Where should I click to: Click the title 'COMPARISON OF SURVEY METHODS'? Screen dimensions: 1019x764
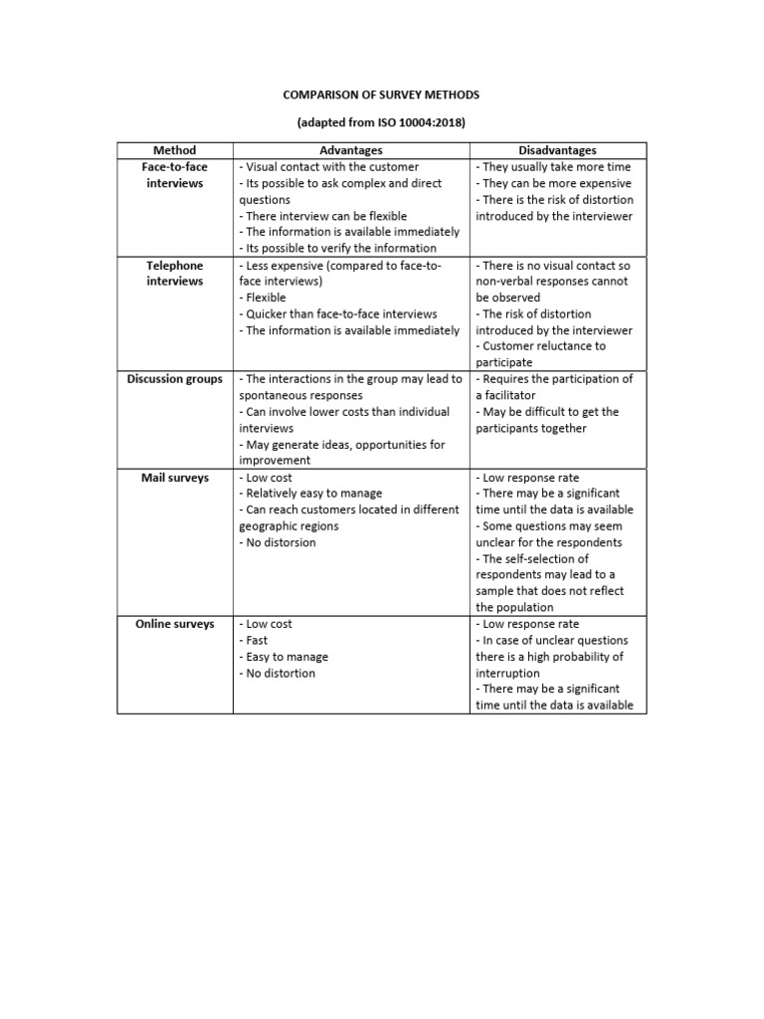tap(382, 95)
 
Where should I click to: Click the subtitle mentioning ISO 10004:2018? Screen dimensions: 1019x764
tap(382, 122)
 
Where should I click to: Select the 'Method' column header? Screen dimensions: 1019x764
tap(175, 150)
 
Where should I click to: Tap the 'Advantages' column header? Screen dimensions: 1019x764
tap(351, 150)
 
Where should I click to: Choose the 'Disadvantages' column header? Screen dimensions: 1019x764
tap(557, 150)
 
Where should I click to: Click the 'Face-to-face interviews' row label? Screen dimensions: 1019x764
tap(175, 175)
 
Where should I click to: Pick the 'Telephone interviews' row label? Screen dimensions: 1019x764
tap(175, 274)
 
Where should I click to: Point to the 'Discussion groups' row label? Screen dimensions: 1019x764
tap(175, 379)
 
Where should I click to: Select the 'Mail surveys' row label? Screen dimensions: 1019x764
tap(175, 478)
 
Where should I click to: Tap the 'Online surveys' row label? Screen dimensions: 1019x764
tap(175, 624)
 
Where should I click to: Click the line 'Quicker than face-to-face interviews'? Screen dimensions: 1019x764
tap(338, 313)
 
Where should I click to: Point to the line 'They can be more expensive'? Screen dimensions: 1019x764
tap(553, 183)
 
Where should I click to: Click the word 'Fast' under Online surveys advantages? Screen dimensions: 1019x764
tap(257, 641)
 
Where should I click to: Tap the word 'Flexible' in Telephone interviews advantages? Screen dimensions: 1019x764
tap(266, 298)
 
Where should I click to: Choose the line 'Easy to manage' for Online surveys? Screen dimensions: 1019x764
tap(286, 657)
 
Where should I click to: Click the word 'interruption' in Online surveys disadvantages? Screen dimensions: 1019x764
tap(511, 673)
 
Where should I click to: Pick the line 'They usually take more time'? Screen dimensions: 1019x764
tap(553, 167)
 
